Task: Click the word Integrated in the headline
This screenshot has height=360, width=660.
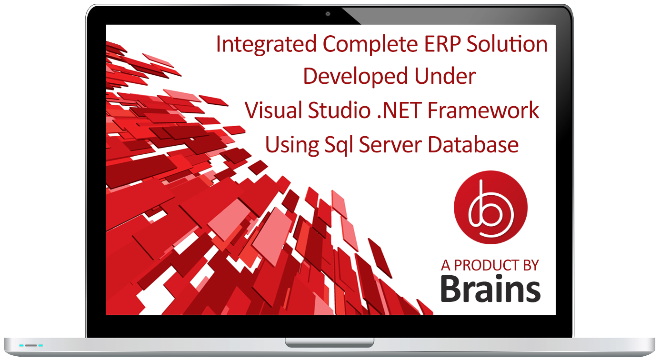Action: [x=266, y=44]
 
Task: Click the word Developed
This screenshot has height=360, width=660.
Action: [x=356, y=77]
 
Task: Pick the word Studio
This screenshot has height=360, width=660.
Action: [x=339, y=110]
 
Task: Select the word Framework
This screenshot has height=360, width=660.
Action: [x=483, y=110]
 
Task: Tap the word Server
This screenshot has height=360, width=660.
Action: [x=390, y=145]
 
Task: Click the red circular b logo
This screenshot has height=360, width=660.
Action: [x=490, y=208]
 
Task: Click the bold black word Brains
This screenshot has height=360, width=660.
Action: [x=490, y=289]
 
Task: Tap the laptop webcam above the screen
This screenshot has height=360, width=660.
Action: [x=328, y=14]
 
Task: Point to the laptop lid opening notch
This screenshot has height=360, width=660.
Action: [x=330, y=342]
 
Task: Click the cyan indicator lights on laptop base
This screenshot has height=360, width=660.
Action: [x=31, y=345]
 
